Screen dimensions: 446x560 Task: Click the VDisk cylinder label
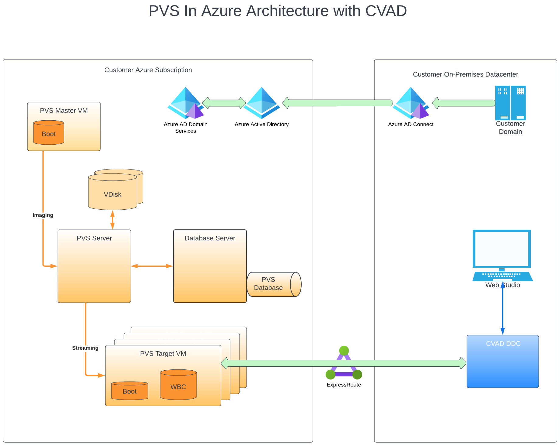point(112,194)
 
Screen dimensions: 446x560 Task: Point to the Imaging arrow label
point(43,215)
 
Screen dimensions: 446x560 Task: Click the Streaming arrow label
point(85,348)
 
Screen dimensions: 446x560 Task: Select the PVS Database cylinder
point(274,284)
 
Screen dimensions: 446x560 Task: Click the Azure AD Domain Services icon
point(185,103)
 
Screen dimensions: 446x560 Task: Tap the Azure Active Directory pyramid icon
point(261,103)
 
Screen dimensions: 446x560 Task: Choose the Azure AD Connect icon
point(411,103)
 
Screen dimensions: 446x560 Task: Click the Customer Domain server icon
point(510,103)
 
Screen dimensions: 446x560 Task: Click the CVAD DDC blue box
point(502,362)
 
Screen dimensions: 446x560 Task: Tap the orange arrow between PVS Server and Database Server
point(152,266)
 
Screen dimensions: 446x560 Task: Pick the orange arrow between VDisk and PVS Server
point(112,220)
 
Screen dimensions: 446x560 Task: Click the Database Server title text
point(210,238)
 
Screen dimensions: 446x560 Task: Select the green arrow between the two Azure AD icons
point(224,103)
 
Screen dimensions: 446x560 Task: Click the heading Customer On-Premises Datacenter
point(465,74)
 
